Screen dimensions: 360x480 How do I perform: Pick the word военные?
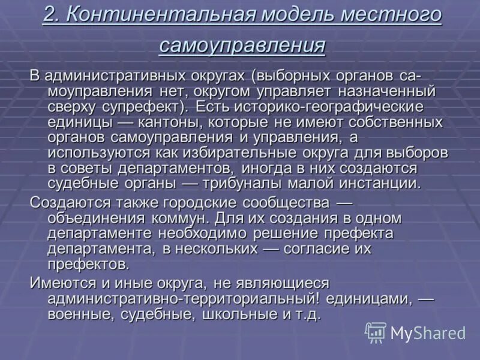click(80, 314)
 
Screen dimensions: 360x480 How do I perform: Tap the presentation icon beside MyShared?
click(376, 332)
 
